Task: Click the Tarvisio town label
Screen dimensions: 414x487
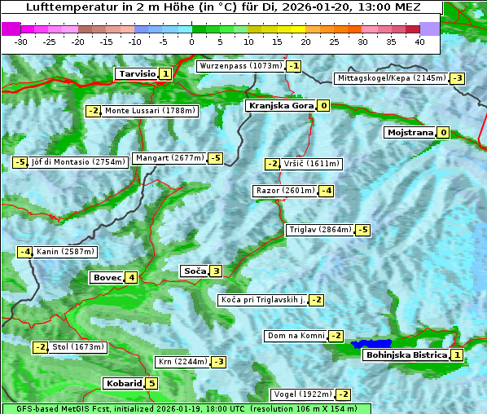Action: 136,74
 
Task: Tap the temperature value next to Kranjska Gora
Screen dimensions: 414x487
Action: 323,105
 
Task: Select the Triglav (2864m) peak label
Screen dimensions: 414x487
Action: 320,230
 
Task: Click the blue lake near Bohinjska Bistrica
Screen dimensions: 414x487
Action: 371,345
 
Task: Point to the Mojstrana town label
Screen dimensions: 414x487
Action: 410,132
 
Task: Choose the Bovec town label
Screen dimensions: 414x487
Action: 107,278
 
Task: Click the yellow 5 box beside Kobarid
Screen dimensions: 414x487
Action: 151,384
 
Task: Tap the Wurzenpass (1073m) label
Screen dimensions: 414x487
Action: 241,66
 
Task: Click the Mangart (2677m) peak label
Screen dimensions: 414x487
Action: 169,158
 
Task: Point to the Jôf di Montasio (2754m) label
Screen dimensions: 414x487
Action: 78,162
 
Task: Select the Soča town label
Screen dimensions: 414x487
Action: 194,271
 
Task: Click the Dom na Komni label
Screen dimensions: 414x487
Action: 296,336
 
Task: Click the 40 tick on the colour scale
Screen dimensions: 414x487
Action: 419,42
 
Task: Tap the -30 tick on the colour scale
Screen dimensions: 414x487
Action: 21,42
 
